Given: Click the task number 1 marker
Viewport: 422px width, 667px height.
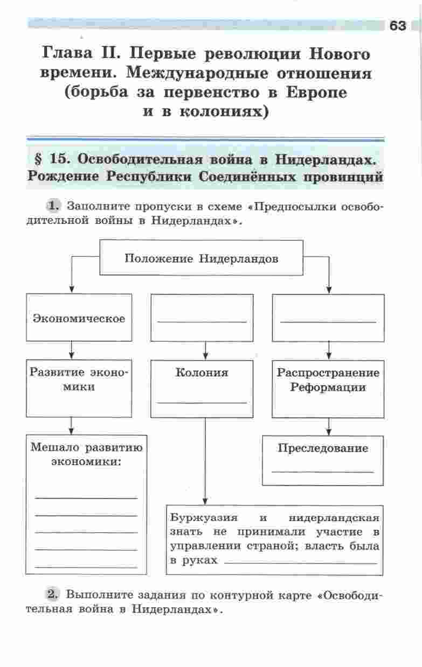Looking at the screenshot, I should pyautogui.click(x=53, y=206).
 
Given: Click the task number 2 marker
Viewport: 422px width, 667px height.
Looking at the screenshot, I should pyautogui.click(x=53, y=595).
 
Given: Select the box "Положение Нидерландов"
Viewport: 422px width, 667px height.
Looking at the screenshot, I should pyautogui.click(x=202, y=258).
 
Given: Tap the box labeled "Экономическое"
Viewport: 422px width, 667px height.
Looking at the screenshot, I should pyautogui.click(x=79, y=318).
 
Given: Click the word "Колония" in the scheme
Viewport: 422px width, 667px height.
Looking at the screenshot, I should pyautogui.click(x=202, y=373).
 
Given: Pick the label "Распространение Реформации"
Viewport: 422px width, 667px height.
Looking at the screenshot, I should pyautogui.click(x=328, y=380).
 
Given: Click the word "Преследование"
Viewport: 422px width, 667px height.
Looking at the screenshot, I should pyautogui.click(x=323, y=448).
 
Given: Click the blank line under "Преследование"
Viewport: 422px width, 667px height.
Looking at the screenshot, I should pyautogui.click(x=323, y=472).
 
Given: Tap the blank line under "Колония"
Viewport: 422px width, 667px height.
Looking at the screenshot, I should pyautogui.click(x=202, y=402).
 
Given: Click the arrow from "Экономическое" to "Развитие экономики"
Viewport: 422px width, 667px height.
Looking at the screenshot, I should pyautogui.click(x=72, y=350).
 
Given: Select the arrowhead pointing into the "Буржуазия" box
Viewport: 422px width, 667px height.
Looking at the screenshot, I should pyautogui.click(x=205, y=501).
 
